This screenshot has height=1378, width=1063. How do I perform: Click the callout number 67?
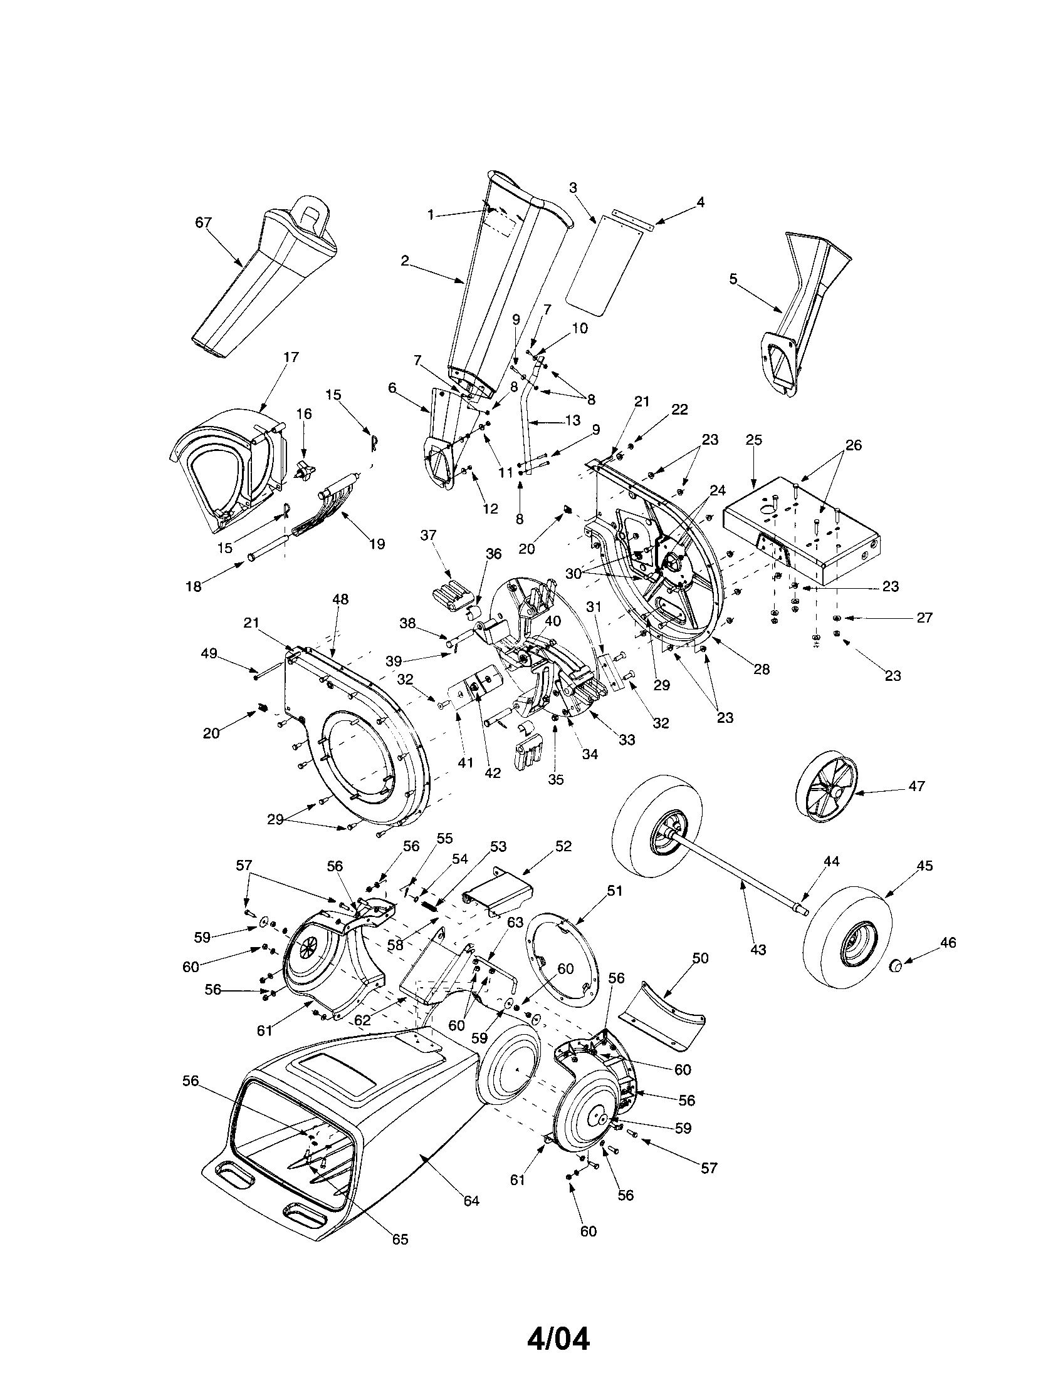203,223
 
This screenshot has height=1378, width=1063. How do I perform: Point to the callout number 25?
754,440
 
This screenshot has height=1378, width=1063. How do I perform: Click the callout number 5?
733,279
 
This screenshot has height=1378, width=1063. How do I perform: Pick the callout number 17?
290,357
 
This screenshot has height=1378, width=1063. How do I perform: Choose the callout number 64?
471,1201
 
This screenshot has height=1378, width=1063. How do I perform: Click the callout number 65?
401,1240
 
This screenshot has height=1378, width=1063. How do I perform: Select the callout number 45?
924,866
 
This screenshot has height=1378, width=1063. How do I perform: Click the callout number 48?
340,599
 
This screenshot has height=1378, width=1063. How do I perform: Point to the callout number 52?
563,847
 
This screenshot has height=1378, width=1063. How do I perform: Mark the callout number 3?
572,187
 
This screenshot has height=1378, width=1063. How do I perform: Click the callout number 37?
428,536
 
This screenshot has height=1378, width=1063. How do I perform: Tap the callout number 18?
193,586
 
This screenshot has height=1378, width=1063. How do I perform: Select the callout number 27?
924,618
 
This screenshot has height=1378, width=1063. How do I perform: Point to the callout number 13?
572,420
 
